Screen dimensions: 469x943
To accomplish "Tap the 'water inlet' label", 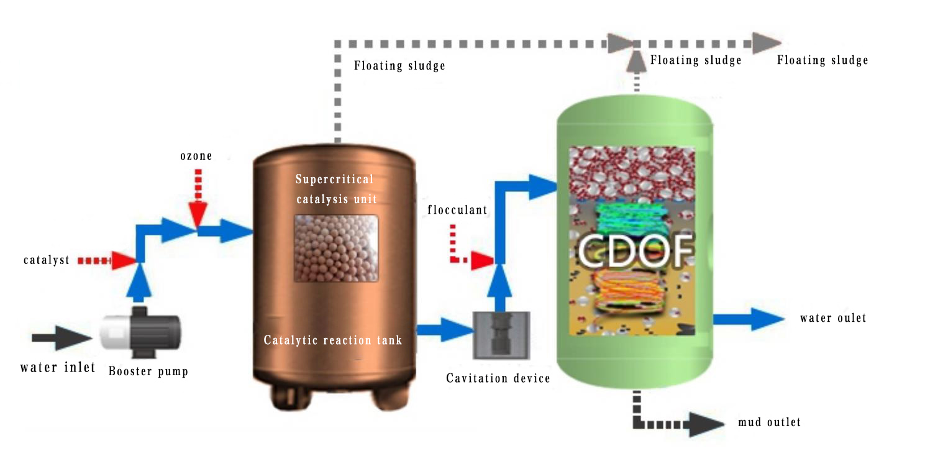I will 58,367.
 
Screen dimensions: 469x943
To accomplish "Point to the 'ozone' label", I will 196,156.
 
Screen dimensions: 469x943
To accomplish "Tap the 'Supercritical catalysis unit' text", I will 335,189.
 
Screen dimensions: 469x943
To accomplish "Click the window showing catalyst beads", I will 335,248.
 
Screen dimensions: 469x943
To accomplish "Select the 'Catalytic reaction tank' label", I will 333,340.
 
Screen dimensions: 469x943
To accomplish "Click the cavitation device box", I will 503,335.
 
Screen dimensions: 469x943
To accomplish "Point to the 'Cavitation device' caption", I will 498,378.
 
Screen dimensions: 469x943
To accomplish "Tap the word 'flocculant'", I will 457,210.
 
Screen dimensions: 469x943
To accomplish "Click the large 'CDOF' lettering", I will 635,249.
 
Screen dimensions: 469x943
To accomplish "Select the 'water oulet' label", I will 833,318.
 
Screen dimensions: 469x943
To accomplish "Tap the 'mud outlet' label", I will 769,422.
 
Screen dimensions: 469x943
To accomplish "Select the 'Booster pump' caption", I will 148,371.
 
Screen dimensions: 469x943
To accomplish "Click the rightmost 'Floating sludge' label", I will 822,60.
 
